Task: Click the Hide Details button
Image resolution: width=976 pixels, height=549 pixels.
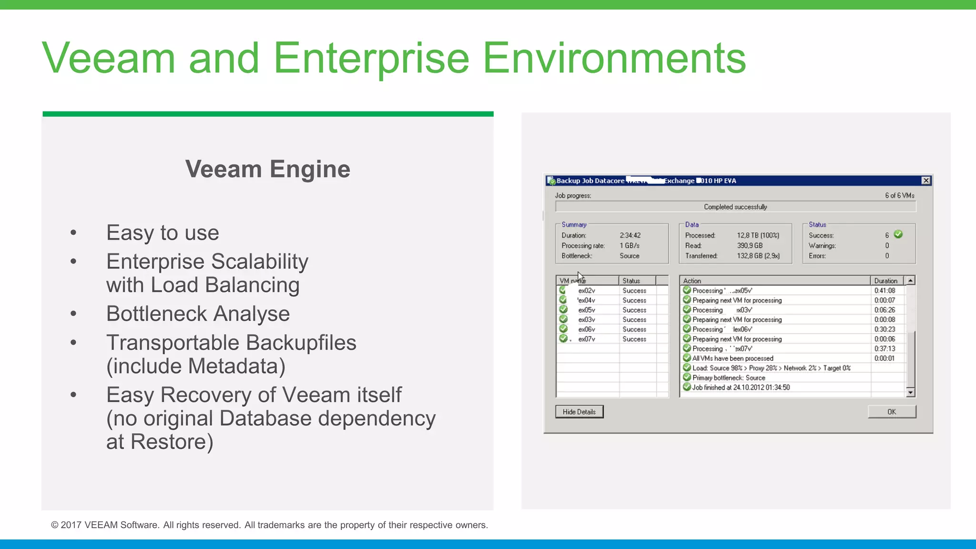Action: [579, 412]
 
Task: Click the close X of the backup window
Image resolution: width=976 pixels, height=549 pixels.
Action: [925, 181]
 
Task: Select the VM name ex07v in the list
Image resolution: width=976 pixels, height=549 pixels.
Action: [587, 339]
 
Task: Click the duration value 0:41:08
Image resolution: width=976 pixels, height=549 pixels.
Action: [884, 291]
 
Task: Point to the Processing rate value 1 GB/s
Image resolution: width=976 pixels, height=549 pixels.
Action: [630, 246]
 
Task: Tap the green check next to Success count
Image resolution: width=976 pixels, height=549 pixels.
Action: [898, 234]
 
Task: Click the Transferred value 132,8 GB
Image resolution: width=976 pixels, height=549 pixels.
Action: [758, 256]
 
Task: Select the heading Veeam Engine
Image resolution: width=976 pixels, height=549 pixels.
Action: [267, 169]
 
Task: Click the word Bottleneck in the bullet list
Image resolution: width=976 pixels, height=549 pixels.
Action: [156, 314]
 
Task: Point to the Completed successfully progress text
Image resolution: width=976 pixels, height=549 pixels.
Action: [735, 207]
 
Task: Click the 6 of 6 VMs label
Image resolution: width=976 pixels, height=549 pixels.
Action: [899, 195]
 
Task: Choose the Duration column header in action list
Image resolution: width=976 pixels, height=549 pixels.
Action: [885, 281]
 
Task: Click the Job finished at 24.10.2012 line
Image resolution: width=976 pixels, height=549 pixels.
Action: [741, 387]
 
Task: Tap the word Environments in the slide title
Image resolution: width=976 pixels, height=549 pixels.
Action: [614, 58]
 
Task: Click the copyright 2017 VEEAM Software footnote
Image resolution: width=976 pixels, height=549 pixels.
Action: [269, 525]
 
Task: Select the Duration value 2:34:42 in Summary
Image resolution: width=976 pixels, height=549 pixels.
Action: [630, 235]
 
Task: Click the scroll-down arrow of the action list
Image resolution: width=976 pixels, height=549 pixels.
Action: [910, 392]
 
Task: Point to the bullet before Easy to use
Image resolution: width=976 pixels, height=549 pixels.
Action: [73, 233]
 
